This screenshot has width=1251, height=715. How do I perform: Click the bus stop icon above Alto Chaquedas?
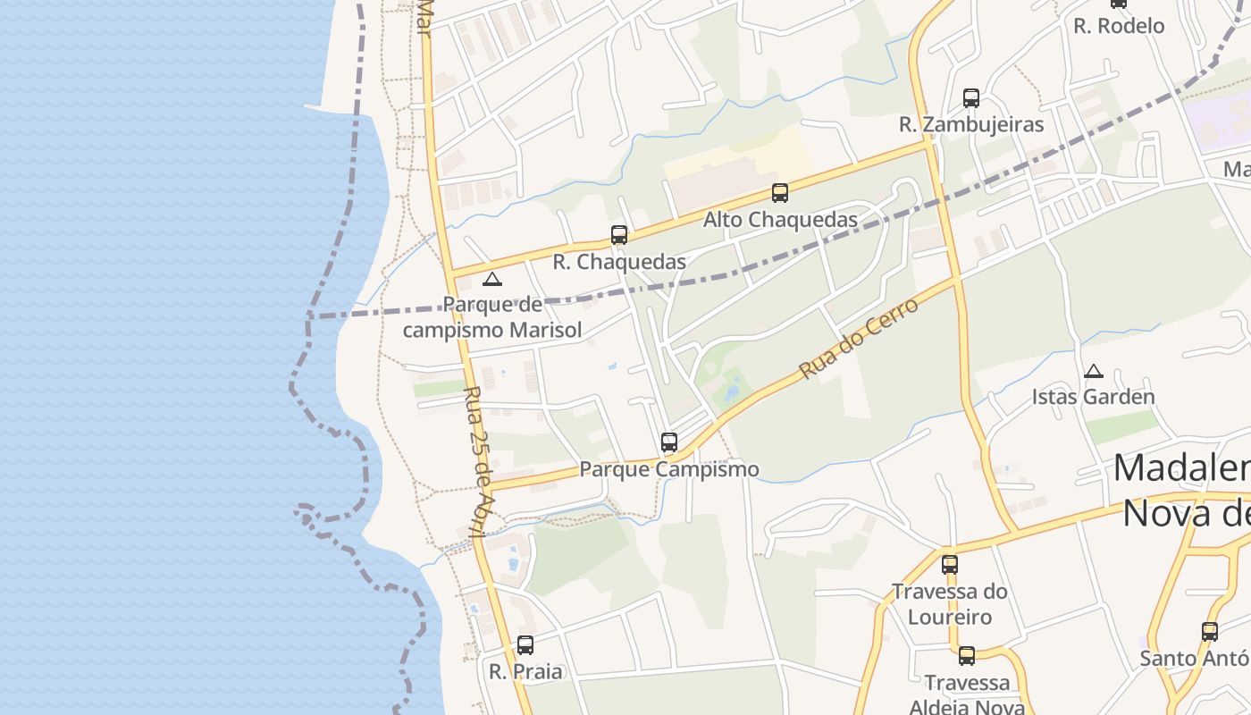tap(780, 192)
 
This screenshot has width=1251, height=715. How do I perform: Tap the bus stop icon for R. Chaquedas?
tap(619, 235)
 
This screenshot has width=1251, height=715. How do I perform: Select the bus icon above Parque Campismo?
tap(669, 442)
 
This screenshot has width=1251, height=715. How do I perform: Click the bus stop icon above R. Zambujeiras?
tap(971, 98)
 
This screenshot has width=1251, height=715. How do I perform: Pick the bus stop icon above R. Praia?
tap(525, 644)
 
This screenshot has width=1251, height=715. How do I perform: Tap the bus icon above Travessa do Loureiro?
tap(950, 564)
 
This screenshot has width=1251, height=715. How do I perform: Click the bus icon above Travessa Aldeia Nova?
tap(967, 656)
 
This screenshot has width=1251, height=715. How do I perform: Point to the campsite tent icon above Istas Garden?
tap(1094, 371)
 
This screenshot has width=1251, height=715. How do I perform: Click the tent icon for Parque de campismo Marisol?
tap(492, 279)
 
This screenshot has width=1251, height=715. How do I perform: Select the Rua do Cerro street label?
tap(859, 339)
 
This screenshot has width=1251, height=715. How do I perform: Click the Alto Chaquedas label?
tap(780, 219)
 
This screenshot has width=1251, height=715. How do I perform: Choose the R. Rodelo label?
tap(1119, 26)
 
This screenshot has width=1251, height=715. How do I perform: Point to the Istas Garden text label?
tap(1094, 396)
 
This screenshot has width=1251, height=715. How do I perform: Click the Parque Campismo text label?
tap(669, 468)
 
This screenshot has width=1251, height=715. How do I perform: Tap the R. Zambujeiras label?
tap(971, 124)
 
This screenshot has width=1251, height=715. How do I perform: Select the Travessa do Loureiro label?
tap(950, 603)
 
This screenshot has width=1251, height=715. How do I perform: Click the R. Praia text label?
tap(525, 670)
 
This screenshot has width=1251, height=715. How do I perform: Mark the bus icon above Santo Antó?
tap(1210, 631)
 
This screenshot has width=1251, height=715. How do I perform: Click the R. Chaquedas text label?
tap(619, 262)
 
